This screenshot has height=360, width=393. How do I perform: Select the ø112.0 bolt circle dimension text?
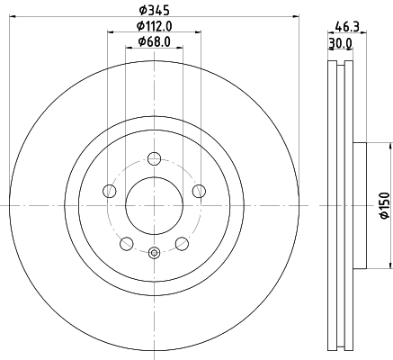click(x=154, y=26)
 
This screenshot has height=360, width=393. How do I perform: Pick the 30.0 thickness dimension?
click(x=338, y=42)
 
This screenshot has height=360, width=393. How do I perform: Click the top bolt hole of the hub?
click(x=154, y=159)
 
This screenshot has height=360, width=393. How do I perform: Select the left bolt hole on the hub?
click(x=110, y=191)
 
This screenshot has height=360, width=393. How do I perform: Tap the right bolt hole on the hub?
click(x=198, y=191)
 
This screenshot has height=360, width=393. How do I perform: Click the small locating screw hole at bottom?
click(x=154, y=252)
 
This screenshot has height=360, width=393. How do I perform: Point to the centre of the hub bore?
click(x=154, y=205)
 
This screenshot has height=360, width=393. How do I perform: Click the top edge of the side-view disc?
click(x=337, y=62)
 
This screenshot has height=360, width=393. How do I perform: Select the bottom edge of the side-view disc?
click(x=337, y=349)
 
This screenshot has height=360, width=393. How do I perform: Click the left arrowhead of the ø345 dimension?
click(x=13, y=19)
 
